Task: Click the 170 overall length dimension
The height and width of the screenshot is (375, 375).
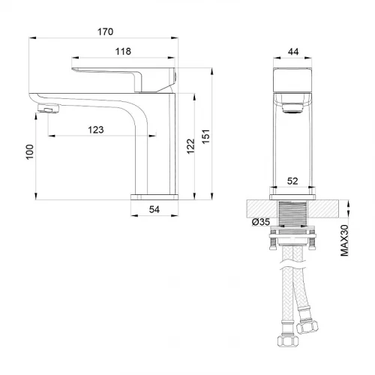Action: click(105, 31)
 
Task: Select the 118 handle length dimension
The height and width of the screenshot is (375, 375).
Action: click(123, 51)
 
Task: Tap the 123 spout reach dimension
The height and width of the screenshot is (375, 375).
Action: click(96, 130)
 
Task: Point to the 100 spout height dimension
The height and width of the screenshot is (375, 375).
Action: click(30, 151)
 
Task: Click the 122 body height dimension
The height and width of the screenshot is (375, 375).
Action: click(190, 146)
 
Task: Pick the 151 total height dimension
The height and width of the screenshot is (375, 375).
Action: click(205, 136)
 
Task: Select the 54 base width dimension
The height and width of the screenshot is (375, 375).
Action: click(154, 209)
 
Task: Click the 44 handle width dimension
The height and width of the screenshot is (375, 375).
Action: click(293, 52)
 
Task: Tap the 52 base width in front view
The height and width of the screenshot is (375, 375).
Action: click(292, 181)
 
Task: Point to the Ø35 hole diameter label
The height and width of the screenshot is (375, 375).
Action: click(261, 222)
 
